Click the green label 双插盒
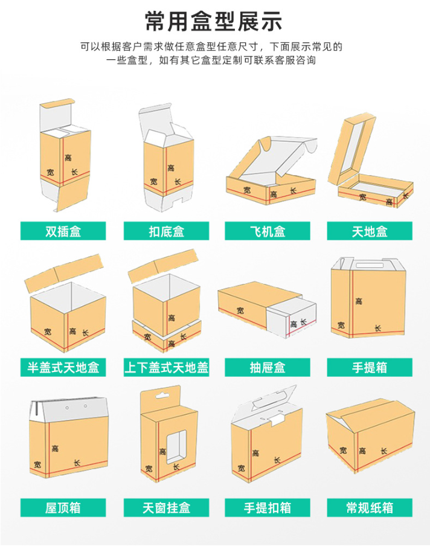tap(63, 231)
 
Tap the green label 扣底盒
tap(166, 231)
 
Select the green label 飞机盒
tap(268, 231)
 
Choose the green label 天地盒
tap(370, 231)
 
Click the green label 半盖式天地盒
tap(63, 368)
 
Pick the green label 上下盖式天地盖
tap(166, 368)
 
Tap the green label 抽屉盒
tap(268, 368)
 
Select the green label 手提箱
tap(370, 368)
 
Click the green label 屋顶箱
tap(63, 508)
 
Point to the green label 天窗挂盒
tap(166, 508)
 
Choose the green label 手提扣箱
tap(268, 508)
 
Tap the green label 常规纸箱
tap(370, 508)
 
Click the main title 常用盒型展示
tap(214, 21)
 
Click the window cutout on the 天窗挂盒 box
tap(176, 447)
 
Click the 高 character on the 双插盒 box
tap(68, 158)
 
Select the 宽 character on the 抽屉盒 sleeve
tap(240, 310)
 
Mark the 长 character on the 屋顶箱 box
tap(77, 463)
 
